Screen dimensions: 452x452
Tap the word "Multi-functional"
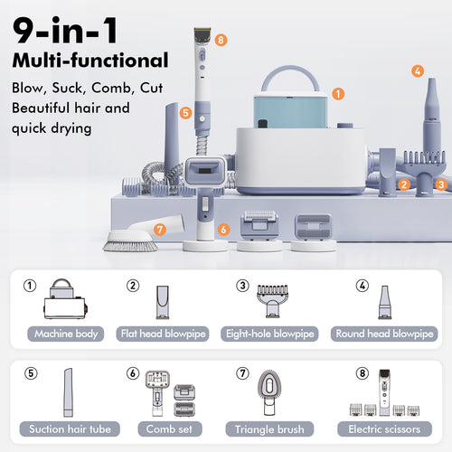[90, 61]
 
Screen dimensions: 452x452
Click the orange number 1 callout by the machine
[336, 92]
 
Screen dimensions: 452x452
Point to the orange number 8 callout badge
[221, 40]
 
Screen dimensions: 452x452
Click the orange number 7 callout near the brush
[159, 230]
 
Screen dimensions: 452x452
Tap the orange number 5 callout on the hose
[184, 114]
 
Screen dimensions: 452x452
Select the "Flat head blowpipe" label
[161, 333]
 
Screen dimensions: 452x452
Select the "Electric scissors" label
[384, 428]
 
